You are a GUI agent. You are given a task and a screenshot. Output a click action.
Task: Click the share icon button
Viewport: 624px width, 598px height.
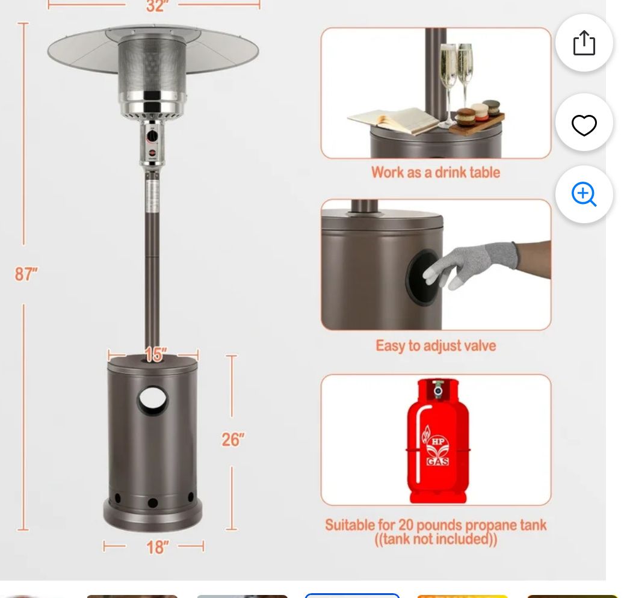point(584,43)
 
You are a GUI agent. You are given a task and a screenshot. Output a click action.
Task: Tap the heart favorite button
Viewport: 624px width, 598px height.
point(584,125)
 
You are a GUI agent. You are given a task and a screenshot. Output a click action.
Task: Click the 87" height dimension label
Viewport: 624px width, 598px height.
point(26,274)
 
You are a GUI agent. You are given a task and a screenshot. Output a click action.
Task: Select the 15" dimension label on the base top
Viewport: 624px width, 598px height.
point(155,355)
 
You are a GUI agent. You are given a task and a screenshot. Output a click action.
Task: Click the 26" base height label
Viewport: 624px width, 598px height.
point(233,440)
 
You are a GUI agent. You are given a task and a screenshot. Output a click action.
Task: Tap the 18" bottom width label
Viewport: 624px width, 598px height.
point(157,547)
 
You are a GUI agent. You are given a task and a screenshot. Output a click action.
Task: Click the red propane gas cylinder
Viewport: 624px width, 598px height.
point(437,442)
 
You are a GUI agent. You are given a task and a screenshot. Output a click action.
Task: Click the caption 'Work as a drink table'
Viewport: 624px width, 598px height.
point(436,173)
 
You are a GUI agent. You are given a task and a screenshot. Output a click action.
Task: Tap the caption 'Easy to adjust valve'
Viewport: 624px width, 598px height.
point(436,346)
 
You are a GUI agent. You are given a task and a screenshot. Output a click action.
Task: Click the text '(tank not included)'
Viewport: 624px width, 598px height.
point(436,539)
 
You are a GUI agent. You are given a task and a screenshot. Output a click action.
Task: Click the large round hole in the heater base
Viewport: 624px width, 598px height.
point(153,401)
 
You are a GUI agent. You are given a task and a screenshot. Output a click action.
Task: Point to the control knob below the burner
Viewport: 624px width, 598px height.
point(152,137)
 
